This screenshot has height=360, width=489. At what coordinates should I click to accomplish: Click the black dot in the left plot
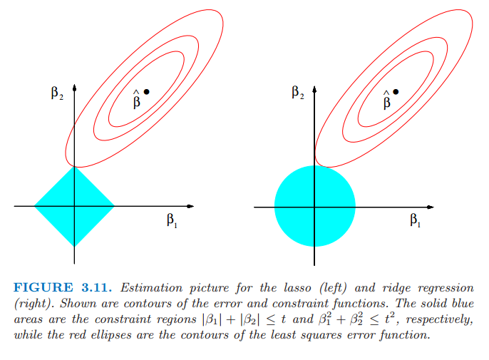click(146, 92)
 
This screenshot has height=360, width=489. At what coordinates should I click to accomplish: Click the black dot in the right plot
click(396, 92)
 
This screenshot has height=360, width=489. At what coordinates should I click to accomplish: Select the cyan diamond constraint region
click(74, 207)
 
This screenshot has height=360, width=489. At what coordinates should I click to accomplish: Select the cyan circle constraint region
click(314, 206)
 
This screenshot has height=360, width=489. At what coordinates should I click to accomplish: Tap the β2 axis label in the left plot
click(57, 93)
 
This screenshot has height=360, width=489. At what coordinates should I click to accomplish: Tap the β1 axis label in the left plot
click(172, 220)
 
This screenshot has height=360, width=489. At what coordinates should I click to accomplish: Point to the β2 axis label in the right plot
click(298, 93)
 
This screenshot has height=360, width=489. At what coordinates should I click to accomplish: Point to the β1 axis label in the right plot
click(415, 220)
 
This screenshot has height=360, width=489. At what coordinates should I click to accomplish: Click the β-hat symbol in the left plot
click(137, 100)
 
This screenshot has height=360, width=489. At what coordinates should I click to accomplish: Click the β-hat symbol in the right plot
click(386, 100)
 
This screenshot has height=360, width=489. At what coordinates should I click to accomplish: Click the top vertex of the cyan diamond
click(74, 167)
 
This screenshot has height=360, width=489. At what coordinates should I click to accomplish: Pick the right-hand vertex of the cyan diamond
click(115, 206)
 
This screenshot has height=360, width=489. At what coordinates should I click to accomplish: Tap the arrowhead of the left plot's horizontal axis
click(190, 206)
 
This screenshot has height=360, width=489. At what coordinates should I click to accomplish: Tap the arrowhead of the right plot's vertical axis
click(314, 89)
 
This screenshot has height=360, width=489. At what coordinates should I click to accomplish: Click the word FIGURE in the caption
click(43, 287)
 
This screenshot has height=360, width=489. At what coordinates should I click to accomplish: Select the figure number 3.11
click(96, 287)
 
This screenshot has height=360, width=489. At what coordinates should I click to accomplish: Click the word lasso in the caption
click(297, 287)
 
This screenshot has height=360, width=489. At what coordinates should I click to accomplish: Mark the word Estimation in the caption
click(151, 287)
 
